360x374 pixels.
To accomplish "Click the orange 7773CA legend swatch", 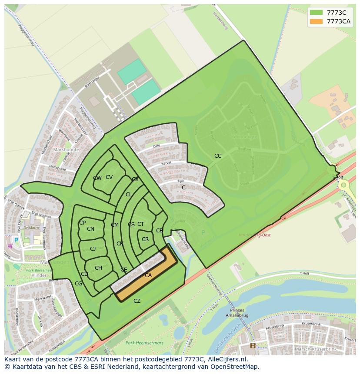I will pyautogui.click(x=316, y=22).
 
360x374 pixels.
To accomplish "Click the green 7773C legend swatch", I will pyautogui.click(x=316, y=13).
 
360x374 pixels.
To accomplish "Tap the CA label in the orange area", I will pyautogui.click(x=148, y=275).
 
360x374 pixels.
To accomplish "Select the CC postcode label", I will pyautogui.click(x=218, y=156).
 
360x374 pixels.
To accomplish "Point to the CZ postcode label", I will pyautogui.click(x=137, y=301).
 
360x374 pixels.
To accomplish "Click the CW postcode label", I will pyautogui.click(x=97, y=178).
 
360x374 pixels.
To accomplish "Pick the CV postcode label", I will pyautogui.click(x=109, y=177).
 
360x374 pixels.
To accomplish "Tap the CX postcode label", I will pyautogui.click(x=135, y=179).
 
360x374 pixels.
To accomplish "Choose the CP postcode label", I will pyautogui.click(x=82, y=223).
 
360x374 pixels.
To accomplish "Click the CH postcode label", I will pyautogui.click(x=98, y=268).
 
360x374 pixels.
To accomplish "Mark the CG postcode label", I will pyautogui.click(x=78, y=284).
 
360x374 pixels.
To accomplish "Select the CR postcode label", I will pyautogui.click(x=145, y=239).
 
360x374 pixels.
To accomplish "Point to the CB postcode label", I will pyautogui.click(x=160, y=231).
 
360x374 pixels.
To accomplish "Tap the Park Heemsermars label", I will pyautogui.click(x=144, y=343).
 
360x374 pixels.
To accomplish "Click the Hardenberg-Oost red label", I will pyautogui.click(x=254, y=235).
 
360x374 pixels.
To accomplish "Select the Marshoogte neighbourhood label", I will pyautogui.click(x=66, y=149).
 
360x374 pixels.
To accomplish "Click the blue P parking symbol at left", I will pyautogui.click(x=16, y=240).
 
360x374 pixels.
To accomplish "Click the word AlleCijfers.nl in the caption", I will pyautogui.click(x=227, y=360).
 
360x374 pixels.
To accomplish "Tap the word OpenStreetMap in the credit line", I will pyautogui.click(x=237, y=367).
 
